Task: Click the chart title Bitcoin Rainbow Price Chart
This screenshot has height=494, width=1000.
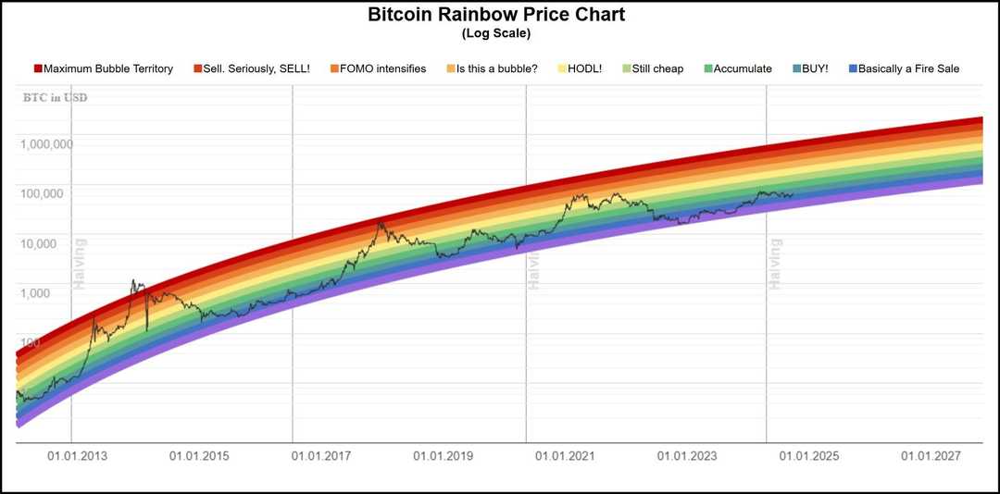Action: pos(495,16)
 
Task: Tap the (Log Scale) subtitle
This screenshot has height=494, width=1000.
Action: pos(495,34)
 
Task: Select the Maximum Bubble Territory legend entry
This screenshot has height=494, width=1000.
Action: pos(103,68)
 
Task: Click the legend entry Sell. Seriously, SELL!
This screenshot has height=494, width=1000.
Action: pos(251,68)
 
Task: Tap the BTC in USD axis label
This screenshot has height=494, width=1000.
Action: pos(56,97)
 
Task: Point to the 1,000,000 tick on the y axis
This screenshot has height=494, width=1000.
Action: pos(44,144)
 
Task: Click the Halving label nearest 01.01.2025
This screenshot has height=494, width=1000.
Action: pos(776,265)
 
